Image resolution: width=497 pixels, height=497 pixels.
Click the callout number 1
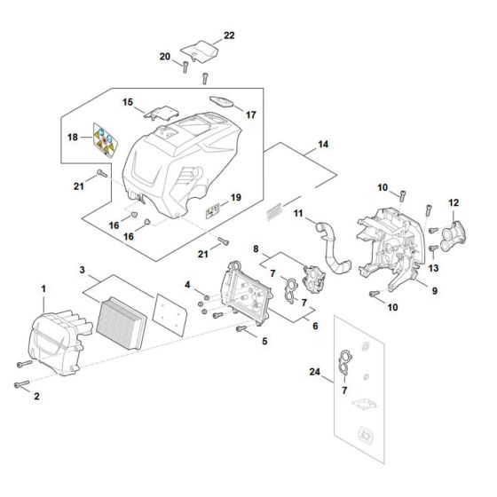pos(44,288)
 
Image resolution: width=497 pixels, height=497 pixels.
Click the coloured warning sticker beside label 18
pos(104,138)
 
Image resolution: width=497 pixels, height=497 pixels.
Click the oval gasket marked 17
pos(220,103)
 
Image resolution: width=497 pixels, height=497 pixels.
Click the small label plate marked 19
pos(213,211)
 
